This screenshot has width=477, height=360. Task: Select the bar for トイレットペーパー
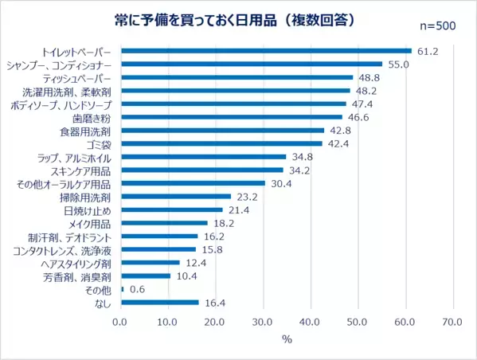(x=266, y=51)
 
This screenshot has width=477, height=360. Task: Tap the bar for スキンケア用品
(x=201, y=170)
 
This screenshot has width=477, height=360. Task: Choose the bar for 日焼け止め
(x=171, y=209)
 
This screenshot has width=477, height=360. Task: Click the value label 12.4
(x=197, y=263)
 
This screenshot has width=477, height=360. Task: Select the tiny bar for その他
(x=122, y=289)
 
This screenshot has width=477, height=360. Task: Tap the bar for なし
(x=159, y=303)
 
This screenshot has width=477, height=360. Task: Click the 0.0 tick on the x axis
(x=121, y=322)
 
